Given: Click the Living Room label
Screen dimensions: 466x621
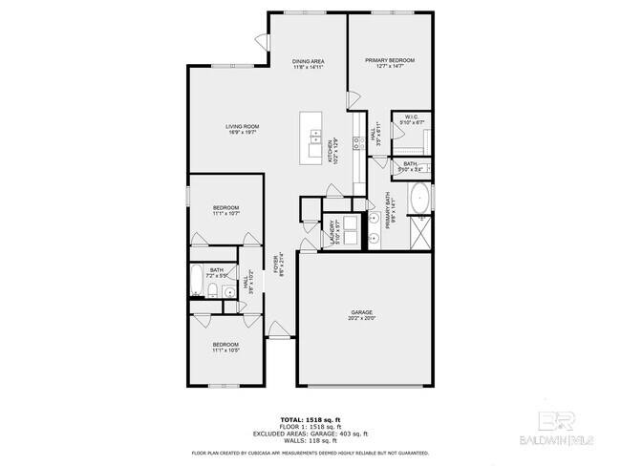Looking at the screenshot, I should (x=243, y=129).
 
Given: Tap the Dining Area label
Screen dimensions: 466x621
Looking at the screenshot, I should (x=309, y=64).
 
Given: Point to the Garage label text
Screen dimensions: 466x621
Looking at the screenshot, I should (x=360, y=313).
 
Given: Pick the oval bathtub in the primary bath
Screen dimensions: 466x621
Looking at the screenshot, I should (x=419, y=201).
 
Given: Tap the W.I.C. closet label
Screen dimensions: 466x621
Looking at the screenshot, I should (x=413, y=119).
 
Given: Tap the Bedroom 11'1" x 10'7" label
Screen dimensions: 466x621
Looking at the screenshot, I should (x=225, y=210).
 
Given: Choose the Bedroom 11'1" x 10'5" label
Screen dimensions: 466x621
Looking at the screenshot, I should (x=225, y=347).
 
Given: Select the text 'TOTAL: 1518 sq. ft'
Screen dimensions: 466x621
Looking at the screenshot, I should (x=310, y=419).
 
